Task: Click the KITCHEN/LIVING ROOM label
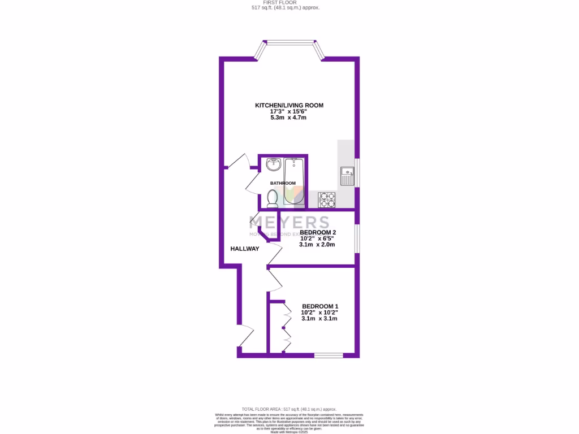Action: coord(289,105)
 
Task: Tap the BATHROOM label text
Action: coord(282,183)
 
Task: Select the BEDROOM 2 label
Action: coord(318,232)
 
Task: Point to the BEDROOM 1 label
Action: coord(319,306)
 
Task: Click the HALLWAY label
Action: coord(244,249)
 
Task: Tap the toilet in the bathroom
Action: coord(272,198)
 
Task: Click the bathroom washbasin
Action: coord(274,164)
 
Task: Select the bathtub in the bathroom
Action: coord(294,180)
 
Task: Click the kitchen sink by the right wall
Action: coord(347,176)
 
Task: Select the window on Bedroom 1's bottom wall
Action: coord(329,355)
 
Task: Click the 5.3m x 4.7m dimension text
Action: coord(289,118)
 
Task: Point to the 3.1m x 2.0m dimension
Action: coord(318,245)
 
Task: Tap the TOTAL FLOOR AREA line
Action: coord(289,409)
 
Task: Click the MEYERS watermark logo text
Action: coord(289,222)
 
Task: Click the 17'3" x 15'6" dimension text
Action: coord(289,112)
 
